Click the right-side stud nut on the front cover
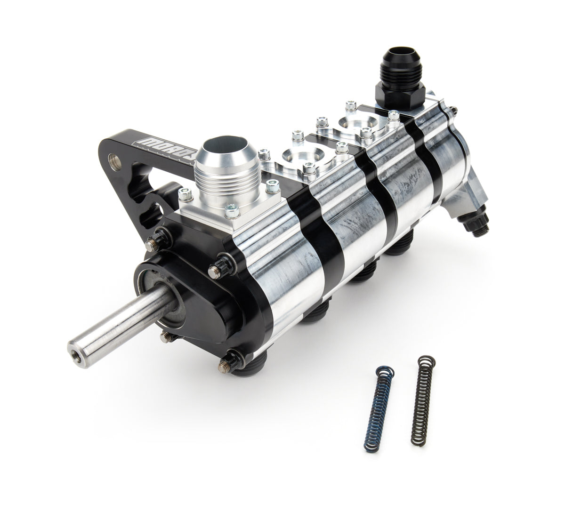[215, 270]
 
